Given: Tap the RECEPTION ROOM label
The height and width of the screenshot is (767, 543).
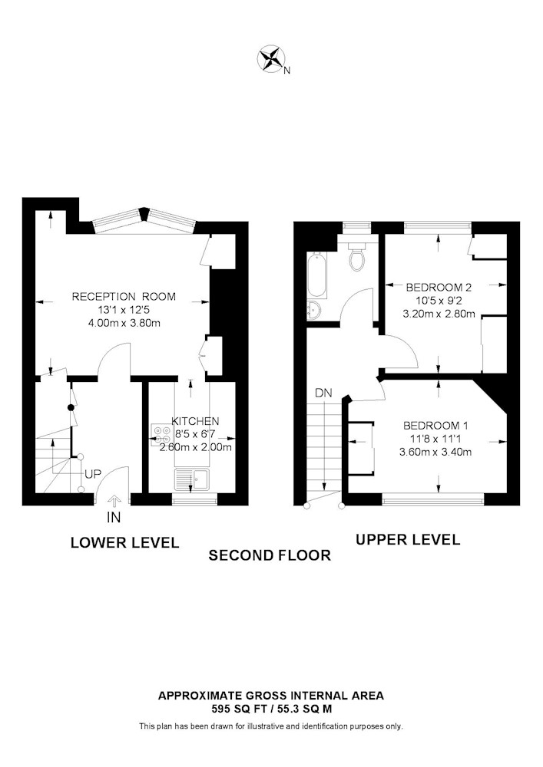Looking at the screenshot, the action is coord(124,296).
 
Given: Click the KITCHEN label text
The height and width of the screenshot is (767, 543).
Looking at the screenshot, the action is coord(195,421).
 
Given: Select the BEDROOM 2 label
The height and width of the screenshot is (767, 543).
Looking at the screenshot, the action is coord(439,287).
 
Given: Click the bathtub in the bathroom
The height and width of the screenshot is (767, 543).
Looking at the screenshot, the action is coord(317,275).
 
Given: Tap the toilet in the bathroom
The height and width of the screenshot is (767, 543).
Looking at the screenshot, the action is coord(358,257).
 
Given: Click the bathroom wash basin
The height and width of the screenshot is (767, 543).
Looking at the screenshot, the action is coord(314,310).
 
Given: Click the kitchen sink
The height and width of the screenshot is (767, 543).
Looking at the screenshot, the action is coord(192,479).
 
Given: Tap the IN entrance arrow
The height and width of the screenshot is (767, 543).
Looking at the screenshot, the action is coord(114,502).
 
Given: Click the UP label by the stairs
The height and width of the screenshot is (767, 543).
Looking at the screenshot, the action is coord(92,474).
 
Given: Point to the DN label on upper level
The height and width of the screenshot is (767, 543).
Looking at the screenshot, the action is coord(323,393).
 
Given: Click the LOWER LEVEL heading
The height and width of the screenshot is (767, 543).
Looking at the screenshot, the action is coord(125,542).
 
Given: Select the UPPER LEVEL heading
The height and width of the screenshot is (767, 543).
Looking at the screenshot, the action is coord(408,539).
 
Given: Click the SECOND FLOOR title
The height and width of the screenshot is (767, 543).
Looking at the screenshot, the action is coord(270,555).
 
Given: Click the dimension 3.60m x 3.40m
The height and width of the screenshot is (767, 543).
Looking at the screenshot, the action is coord(435,452).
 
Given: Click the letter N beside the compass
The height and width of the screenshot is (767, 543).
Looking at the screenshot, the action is coord(287,71).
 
